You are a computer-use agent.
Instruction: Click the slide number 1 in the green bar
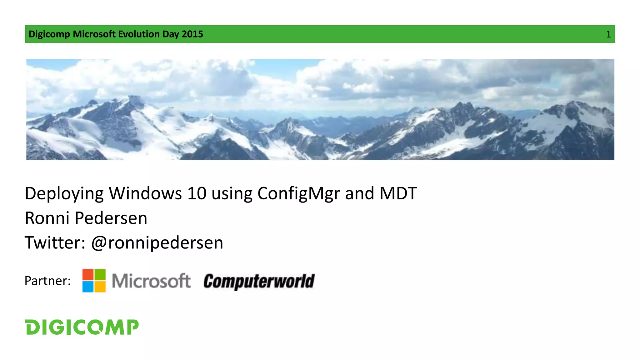(608, 34)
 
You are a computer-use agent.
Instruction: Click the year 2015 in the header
(192, 34)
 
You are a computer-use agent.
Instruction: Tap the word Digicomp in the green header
(49, 34)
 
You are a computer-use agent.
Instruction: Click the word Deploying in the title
(64, 194)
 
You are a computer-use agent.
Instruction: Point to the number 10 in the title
(197, 193)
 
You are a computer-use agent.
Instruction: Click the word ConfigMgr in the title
(298, 194)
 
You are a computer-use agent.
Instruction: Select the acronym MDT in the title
(398, 193)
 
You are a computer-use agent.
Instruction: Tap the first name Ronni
(47, 218)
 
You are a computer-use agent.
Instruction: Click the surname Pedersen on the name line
(111, 218)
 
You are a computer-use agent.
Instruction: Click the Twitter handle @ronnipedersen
(157, 243)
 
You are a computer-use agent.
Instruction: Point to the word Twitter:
(55, 243)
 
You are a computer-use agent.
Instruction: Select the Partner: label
(47, 281)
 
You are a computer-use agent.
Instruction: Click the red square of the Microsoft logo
(88, 275)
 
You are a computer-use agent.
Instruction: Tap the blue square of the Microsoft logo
(88, 287)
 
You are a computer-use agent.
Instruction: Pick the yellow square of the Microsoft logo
(100, 287)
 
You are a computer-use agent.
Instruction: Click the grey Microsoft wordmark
(151, 281)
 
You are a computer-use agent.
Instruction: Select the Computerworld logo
(259, 281)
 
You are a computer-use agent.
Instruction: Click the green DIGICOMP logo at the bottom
(82, 327)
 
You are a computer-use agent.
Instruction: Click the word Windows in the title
(145, 193)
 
